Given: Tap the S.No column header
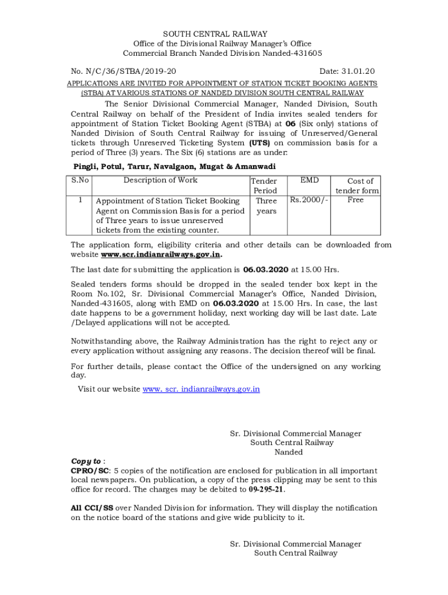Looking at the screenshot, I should point(80,180).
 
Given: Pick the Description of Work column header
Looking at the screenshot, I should point(160,180).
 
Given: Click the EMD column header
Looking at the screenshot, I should point(310,181).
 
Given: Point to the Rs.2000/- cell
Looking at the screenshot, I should point(309,200).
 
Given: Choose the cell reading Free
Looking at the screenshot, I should point(355,200).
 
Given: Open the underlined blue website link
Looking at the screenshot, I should point(201,389).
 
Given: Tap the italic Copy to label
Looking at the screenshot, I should point(86,461).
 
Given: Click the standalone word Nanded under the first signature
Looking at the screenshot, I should point(289,452).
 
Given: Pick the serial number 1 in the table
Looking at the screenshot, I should point(80,200).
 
